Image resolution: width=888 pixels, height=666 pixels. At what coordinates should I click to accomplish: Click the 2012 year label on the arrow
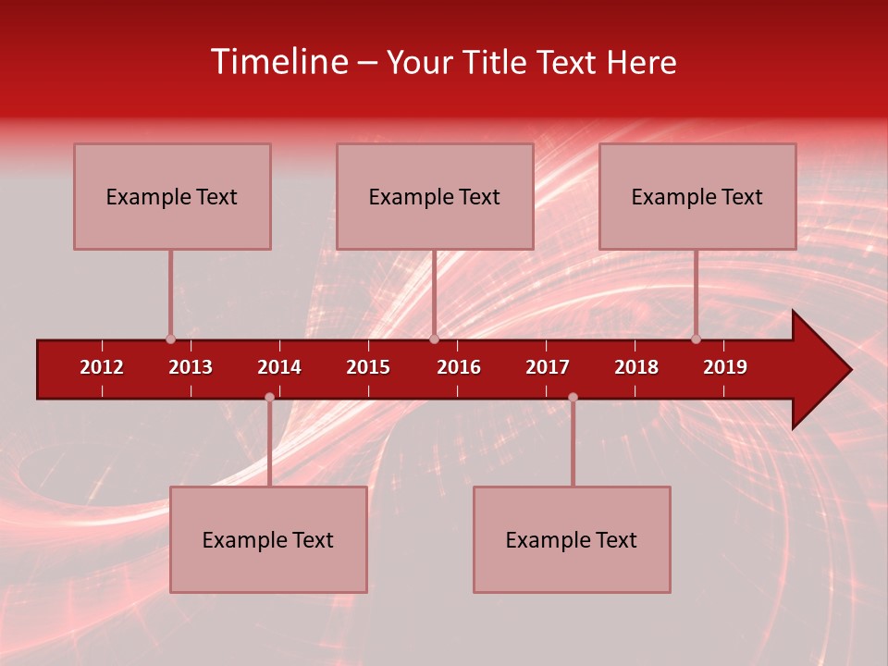102,367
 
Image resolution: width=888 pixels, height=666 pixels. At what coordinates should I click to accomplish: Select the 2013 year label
191,367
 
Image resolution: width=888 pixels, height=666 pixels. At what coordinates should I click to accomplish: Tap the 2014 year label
279,367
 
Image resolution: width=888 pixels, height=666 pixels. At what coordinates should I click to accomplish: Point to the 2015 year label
368,367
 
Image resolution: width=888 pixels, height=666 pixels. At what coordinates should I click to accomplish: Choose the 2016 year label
459,367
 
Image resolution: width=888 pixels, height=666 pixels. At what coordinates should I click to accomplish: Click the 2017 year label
548,367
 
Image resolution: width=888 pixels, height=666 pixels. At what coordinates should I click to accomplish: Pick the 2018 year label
636,367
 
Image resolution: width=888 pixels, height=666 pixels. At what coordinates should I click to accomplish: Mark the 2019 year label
725,367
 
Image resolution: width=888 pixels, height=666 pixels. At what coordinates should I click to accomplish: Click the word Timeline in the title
279,62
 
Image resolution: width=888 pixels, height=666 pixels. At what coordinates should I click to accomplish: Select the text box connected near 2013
172,196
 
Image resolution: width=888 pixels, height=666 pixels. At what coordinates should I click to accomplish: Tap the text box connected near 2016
435,196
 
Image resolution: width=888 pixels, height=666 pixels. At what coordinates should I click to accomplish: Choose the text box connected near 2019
697,196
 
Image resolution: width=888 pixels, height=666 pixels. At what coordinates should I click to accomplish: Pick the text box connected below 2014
268,539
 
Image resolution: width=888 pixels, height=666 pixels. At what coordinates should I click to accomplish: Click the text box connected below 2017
572,539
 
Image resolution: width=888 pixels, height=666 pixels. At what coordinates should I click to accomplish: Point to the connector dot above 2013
170,339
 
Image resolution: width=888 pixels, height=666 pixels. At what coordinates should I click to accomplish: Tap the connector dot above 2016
434,339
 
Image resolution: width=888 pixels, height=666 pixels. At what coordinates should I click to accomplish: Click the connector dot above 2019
697,339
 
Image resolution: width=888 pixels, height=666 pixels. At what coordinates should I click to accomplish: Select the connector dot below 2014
269,398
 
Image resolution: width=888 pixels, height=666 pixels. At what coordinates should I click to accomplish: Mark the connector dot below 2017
573,398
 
